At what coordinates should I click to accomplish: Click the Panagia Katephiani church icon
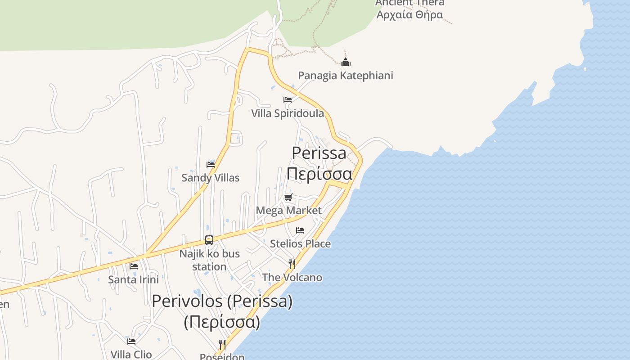click(x=346, y=62)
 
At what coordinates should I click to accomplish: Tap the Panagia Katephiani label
click(x=346, y=75)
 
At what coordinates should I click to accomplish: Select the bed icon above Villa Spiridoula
click(x=288, y=100)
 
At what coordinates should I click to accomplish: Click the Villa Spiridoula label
click(x=288, y=113)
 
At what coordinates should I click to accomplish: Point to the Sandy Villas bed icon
click(x=210, y=164)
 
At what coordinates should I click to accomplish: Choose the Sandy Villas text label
click(x=210, y=178)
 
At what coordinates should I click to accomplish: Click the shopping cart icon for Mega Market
click(x=288, y=197)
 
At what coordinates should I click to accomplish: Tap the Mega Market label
click(x=288, y=211)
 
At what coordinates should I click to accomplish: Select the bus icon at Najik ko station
click(x=209, y=240)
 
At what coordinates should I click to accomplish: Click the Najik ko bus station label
click(x=209, y=260)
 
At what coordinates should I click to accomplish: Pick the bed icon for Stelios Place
click(x=300, y=230)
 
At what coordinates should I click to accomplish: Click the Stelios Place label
click(x=300, y=244)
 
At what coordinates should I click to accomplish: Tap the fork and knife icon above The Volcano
click(x=292, y=264)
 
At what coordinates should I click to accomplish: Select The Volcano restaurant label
click(x=292, y=278)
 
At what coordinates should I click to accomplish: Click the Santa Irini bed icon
click(x=134, y=266)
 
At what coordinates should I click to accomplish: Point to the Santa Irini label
click(x=134, y=280)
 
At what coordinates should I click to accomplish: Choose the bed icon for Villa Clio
click(x=131, y=342)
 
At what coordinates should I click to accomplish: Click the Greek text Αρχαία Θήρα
click(x=409, y=14)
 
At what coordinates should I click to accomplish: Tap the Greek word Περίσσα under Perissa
click(x=319, y=173)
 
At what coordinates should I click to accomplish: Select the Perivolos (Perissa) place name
click(x=222, y=301)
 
